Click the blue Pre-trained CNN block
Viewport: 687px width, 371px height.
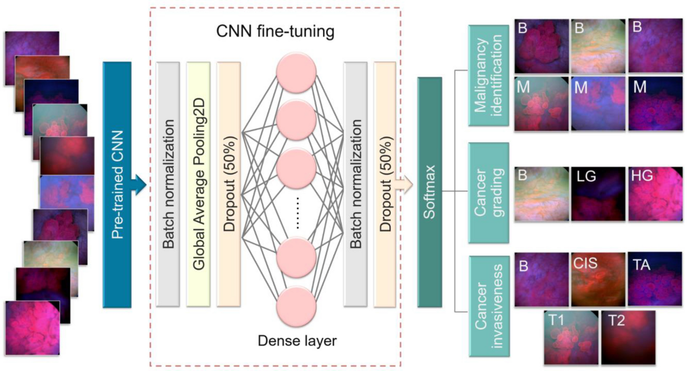coord(117,185)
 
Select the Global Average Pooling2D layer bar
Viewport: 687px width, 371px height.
coord(198,185)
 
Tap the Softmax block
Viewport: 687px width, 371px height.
coord(429,192)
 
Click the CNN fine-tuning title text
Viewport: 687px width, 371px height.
coord(275,31)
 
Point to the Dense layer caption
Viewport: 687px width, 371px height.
coord(297,340)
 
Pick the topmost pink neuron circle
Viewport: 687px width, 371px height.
coord(296,72)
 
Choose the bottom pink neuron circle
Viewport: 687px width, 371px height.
coord(296,307)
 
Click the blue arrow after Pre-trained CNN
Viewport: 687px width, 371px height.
coord(139,185)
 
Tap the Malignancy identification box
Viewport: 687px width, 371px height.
coord(489,75)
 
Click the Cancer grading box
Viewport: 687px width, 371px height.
coord(489,193)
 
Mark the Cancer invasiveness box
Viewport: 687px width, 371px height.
coord(489,306)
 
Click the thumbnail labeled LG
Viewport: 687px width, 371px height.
coord(598,194)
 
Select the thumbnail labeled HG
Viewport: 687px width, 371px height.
coord(655,194)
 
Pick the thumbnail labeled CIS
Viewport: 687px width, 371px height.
coord(598,279)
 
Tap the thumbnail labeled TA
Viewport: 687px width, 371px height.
coord(655,279)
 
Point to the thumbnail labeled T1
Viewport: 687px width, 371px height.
coord(571,337)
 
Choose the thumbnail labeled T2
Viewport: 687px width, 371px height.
coord(628,337)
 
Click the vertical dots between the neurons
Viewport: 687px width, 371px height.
coord(297,213)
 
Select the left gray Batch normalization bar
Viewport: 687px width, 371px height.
coord(168,185)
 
